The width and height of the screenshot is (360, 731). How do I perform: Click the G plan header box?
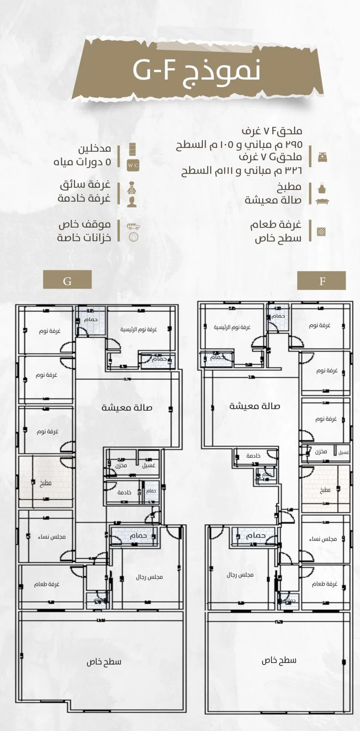(x=67, y=280)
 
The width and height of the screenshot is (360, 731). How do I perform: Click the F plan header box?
(x=321, y=280)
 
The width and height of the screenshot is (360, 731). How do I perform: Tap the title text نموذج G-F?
(x=196, y=70)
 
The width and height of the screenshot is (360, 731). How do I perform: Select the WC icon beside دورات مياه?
(x=132, y=165)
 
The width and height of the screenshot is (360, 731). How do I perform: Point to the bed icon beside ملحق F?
(x=322, y=157)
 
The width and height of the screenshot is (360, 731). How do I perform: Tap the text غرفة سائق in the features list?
(x=85, y=185)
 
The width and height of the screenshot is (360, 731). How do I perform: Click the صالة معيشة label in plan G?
(x=127, y=408)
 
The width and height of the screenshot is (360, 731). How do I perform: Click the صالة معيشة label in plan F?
(x=254, y=406)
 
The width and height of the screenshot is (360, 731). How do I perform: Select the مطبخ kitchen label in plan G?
(x=46, y=483)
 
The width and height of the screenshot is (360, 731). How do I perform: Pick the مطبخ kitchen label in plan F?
(x=324, y=490)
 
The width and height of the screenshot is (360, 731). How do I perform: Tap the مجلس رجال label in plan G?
(x=149, y=577)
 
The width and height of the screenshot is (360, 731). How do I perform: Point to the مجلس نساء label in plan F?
(x=323, y=539)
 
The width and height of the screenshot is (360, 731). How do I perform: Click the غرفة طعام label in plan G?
(x=47, y=584)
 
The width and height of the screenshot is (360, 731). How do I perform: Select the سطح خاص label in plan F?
(x=279, y=660)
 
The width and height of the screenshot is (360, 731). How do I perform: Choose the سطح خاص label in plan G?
(x=104, y=662)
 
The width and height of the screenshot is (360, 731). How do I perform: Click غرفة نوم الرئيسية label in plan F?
(x=232, y=327)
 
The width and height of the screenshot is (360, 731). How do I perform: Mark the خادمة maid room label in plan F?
(x=253, y=456)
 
